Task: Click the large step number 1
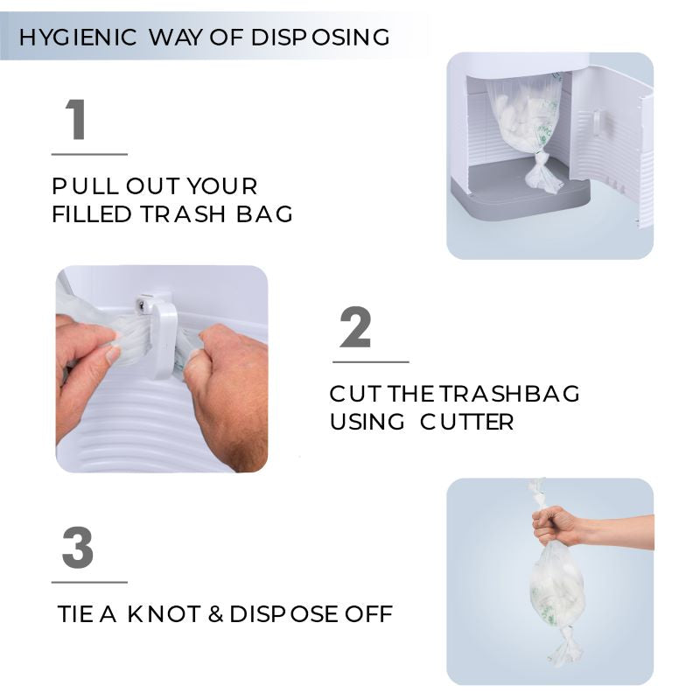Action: [77, 120]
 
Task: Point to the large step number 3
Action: [78, 548]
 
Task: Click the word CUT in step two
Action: [354, 393]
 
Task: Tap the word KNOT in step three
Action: [164, 613]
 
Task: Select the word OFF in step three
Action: [368, 613]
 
